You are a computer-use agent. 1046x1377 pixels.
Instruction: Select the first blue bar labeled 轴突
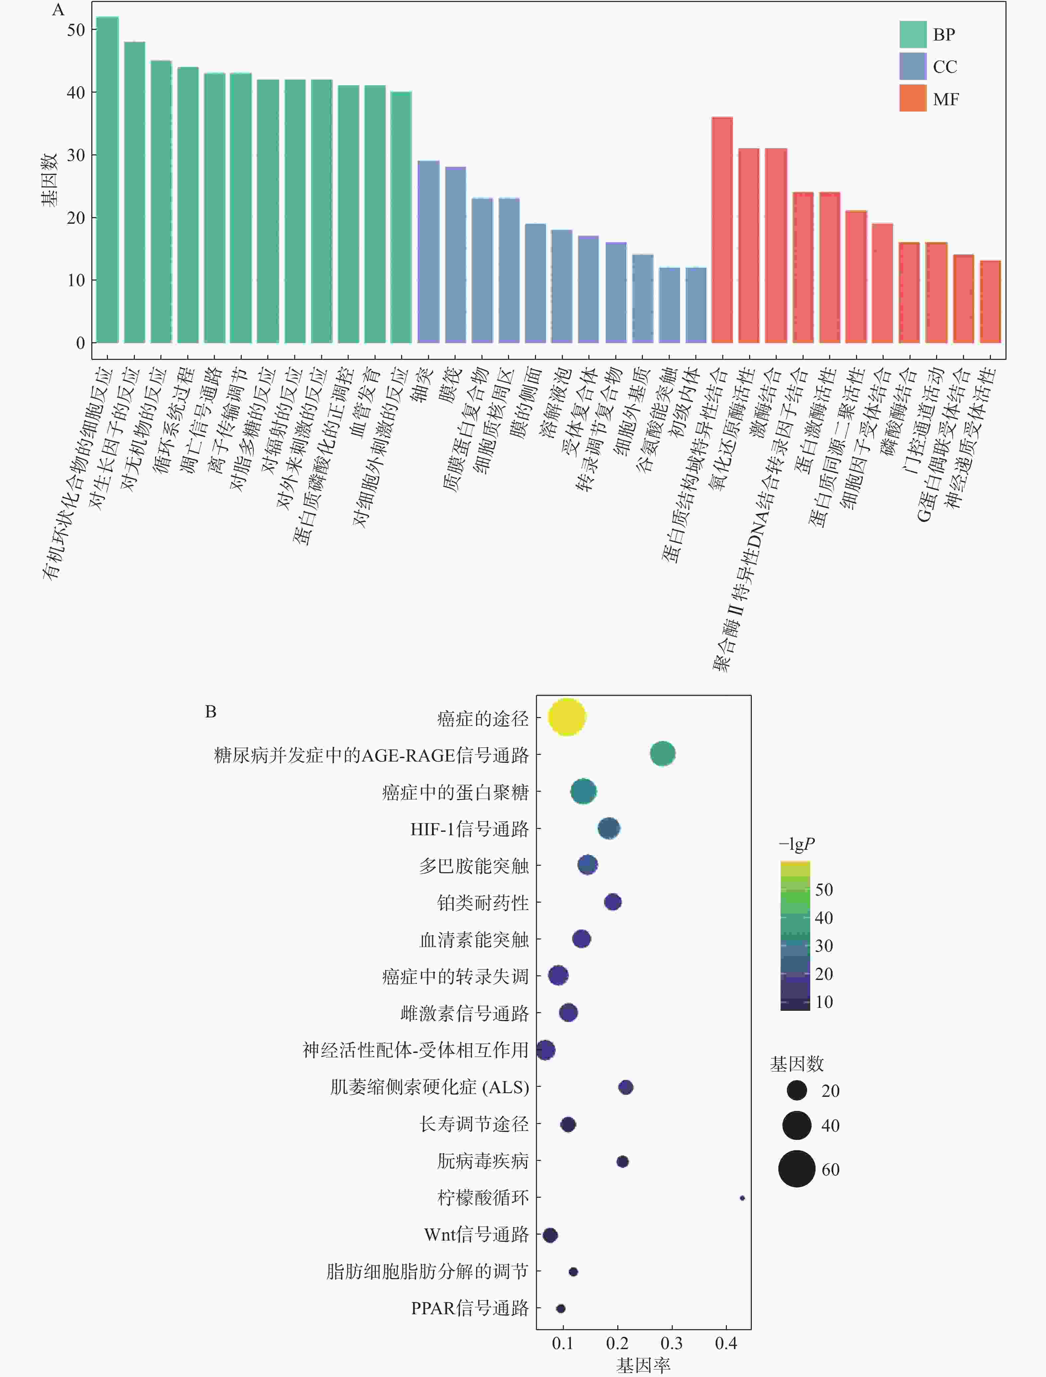click(x=428, y=252)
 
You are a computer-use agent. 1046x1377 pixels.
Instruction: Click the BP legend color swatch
click(x=912, y=34)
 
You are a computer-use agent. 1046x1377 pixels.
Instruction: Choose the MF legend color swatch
click(x=912, y=98)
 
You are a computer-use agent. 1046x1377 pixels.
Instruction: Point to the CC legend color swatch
click(x=912, y=66)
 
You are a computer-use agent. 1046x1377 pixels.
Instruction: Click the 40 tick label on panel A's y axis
click(x=76, y=93)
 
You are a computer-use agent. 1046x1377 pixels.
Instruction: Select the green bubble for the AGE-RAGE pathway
click(x=662, y=754)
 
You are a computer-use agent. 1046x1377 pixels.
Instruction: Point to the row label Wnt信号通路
click(x=476, y=1235)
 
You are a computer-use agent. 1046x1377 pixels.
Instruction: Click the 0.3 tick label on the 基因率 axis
click(x=671, y=1343)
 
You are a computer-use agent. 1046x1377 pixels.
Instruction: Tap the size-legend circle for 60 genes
click(x=796, y=1169)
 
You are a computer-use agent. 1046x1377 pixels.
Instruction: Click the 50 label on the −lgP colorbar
click(x=824, y=890)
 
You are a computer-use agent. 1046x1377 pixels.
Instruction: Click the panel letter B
click(x=211, y=711)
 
